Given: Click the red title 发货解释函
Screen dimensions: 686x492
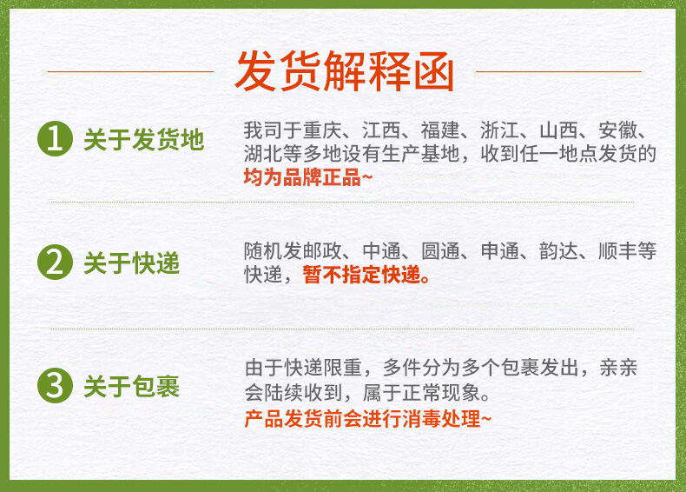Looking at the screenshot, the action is point(345,71).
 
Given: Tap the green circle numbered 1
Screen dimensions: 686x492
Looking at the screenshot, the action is point(55,139).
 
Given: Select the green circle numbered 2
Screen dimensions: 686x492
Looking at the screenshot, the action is point(55,263).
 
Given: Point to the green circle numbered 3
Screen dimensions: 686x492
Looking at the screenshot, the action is point(55,386).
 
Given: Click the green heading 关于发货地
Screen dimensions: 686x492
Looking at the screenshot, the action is point(144,140).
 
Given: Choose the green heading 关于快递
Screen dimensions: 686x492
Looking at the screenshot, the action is point(132,263).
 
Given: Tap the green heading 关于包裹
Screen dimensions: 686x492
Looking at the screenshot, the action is point(132,387).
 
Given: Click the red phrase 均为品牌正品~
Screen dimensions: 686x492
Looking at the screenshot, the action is point(308,177).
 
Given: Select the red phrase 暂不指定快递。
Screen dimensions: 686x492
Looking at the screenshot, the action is point(366,275).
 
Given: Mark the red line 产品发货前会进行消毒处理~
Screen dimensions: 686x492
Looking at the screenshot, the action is point(368,418).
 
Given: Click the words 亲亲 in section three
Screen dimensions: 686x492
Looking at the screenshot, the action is point(618,368).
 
